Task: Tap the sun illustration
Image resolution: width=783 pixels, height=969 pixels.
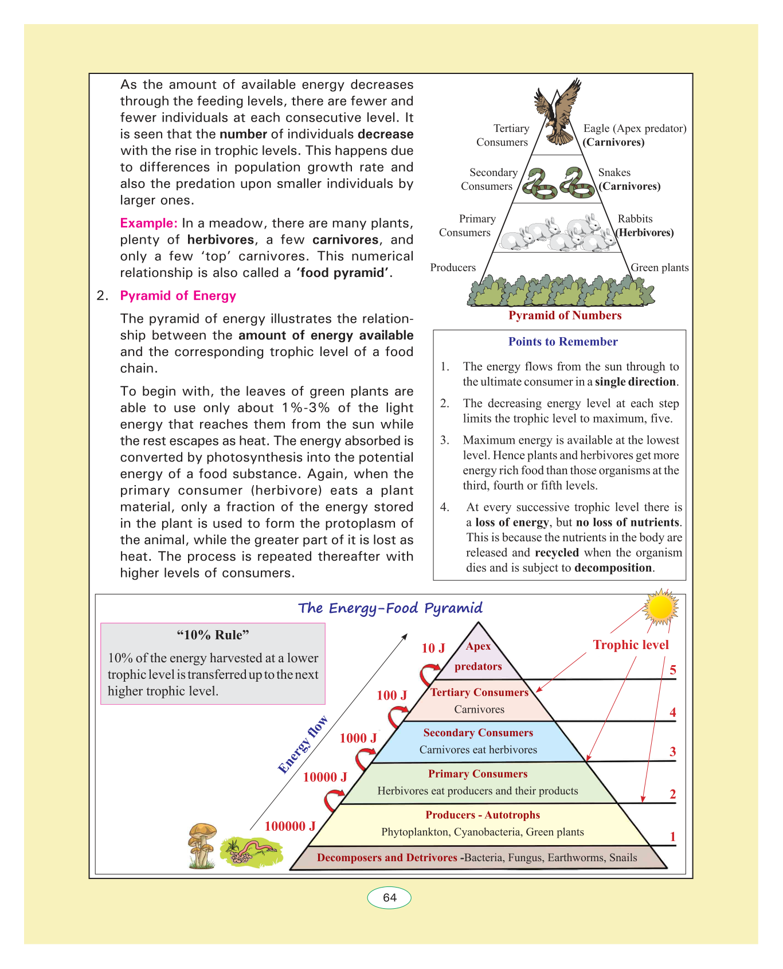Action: tap(660, 607)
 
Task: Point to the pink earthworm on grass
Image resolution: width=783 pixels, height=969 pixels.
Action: tap(252, 849)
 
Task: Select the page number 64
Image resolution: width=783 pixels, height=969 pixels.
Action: tap(389, 897)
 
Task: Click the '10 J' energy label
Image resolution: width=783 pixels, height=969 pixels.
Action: tap(433, 648)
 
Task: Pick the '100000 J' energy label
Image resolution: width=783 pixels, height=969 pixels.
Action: tap(290, 826)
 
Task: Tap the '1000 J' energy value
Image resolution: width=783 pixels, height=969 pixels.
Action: tap(358, 738)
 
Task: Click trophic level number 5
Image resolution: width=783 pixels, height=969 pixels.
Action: tap(673, 670)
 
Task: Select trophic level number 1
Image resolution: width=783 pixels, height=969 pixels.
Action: tap(673, 837)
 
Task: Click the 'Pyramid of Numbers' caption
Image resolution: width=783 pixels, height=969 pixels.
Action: tap(565, 315)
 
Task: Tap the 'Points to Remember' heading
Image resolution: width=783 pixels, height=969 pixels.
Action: tap(563, 342)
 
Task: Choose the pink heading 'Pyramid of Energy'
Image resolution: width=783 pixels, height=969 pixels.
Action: tap(178, 296)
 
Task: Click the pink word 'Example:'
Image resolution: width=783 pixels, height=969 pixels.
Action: tap(148, 224)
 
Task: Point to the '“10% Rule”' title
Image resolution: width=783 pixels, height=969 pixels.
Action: tap(213, 635)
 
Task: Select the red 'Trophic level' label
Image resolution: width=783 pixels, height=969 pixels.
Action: tap(631, 645)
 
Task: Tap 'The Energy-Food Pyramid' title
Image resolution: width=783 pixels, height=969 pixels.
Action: tap(390, 608)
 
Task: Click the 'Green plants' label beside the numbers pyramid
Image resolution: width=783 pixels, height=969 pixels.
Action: tap(660, 268)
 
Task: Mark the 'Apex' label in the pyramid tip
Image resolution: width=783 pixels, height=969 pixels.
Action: tap(478, 646)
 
